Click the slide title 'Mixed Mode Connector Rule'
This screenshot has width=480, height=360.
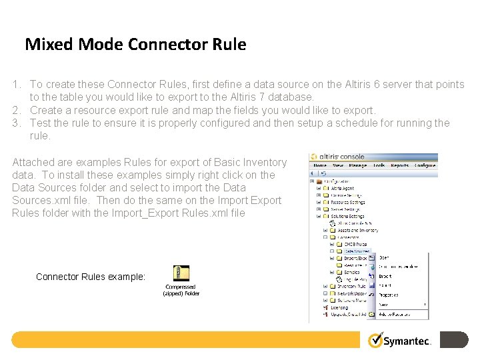point(135,45)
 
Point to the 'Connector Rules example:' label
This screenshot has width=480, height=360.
point(91,277)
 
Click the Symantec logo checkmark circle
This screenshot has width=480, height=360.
point(376,340)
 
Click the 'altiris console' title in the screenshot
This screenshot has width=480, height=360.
point(346,157)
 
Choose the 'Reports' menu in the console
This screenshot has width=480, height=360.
point(400,165)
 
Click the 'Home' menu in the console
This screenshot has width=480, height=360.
point(320,165)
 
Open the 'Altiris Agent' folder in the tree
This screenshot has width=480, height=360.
point(343,189)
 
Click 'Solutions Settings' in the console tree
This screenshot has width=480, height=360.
point(347,217)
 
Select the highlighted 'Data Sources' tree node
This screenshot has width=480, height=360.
point(357,251)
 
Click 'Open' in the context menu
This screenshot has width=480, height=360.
point(385,257)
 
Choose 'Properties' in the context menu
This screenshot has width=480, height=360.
point(389,295)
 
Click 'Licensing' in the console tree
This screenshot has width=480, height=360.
point(339,308)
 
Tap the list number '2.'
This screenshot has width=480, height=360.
point(17,110)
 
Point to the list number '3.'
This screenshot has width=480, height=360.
point(17,123)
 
